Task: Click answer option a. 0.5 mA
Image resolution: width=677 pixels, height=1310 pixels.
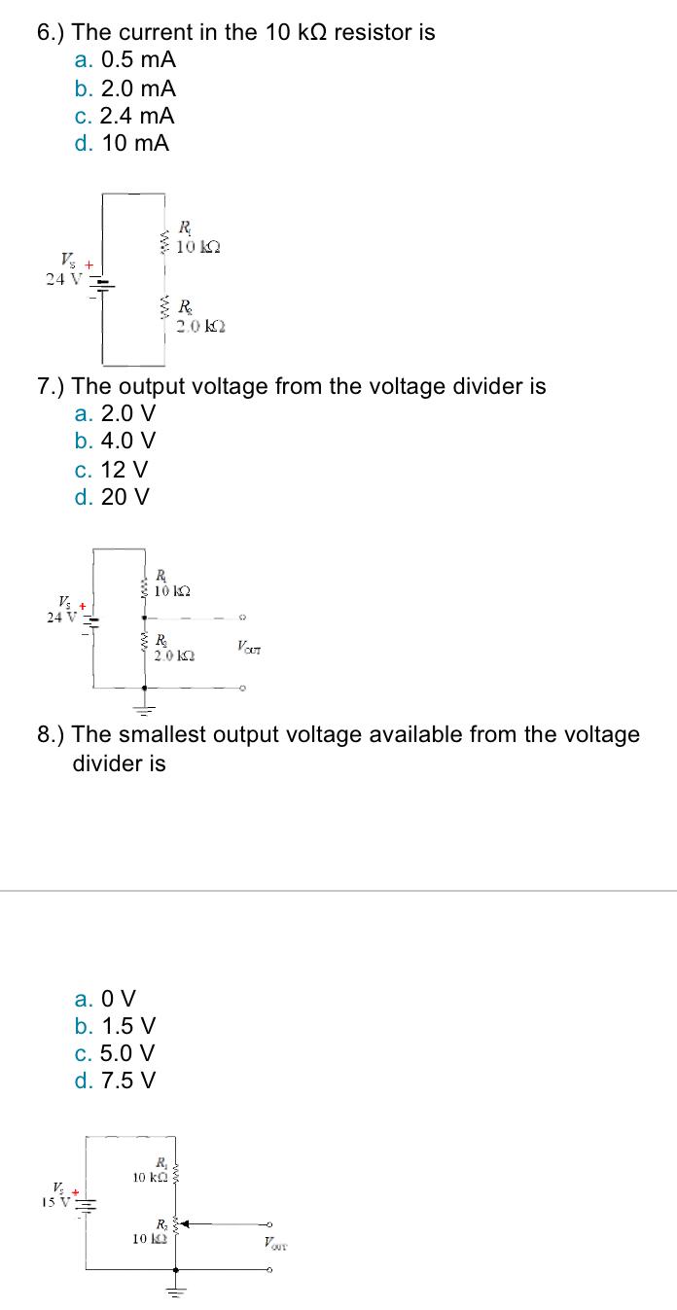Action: tap(125, 60)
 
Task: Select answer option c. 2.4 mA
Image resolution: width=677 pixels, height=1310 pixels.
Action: tap(125, 116)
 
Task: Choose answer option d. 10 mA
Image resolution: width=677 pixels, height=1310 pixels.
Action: tap(122, 144)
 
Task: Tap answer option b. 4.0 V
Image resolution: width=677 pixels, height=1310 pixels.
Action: tap(114, 442)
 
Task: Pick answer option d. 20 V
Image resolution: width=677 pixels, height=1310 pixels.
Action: tap(112, 497)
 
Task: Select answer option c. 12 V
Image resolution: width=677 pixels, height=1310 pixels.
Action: tap(111, 470)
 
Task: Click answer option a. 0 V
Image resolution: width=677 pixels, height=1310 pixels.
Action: tap(105, 999)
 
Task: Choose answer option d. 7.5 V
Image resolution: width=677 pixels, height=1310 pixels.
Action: tap(114, 1081)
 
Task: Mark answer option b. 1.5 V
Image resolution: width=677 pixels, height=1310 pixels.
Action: tap(114, 1026)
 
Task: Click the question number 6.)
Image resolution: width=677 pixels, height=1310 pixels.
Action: tap(52, 33)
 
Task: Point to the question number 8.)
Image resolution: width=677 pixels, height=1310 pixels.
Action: tap(52, 735)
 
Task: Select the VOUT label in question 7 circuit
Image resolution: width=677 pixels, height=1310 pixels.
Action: tap(247, 647)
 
